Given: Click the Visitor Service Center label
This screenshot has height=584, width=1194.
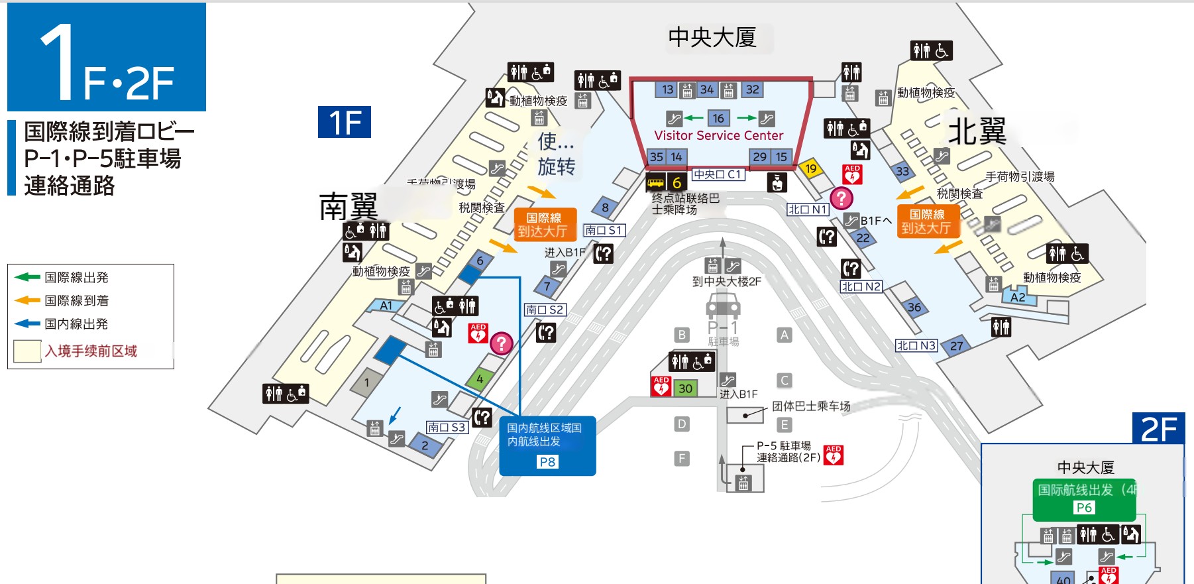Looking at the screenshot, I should click(x=718, y=135).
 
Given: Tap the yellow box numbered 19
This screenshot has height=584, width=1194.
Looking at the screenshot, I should click(x=810, y=168).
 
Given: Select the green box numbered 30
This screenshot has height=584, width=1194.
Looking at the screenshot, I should click(x=685, y=388).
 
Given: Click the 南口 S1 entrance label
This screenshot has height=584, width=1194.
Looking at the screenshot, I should click(x=604, y=230).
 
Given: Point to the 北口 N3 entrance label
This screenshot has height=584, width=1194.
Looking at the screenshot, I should click(x=916, y=345).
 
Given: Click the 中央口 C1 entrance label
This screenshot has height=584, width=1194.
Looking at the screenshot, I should click(x=718, y=174).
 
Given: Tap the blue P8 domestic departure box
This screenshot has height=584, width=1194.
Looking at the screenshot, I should click(x=547, y=445).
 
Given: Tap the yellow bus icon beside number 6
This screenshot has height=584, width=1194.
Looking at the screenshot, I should click(x=655, y=182).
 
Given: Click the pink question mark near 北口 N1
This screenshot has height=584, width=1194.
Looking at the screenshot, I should click(x=841, y=198).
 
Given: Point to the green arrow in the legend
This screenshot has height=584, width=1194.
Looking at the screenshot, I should click(x=27, y=277).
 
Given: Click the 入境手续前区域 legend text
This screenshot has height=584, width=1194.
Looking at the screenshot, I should click(x=91, y=351).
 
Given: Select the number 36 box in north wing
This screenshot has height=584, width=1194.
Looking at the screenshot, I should click(x=914, y=307).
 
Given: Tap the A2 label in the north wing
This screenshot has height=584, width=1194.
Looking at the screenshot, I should click(x=1018, y=297).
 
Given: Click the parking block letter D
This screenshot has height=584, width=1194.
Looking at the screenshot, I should click(x=682, y=424).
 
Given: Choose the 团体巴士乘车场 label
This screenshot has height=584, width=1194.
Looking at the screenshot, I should click(x=811, y=406).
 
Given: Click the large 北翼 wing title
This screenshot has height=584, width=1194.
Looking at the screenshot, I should click(x=977, y=131).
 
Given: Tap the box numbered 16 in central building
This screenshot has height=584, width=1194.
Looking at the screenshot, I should click(x=718, y=118).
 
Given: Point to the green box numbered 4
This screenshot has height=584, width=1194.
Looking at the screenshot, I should click(x=480, y=379).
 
